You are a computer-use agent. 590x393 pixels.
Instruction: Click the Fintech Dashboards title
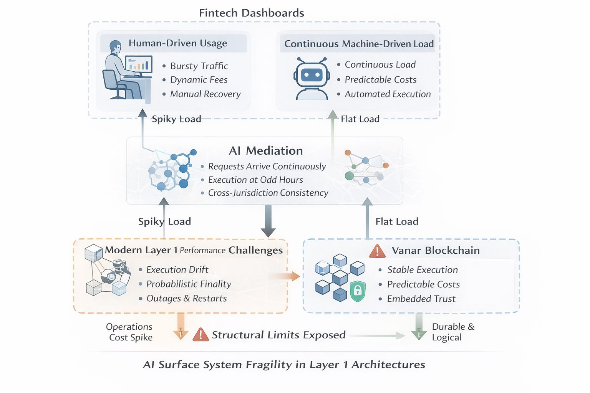tap(251, 13)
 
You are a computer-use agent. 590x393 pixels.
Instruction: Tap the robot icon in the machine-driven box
tap(312, 78)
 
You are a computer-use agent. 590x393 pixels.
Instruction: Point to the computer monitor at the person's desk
tap(139, 64)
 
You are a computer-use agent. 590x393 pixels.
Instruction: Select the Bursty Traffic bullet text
tap(199, 66)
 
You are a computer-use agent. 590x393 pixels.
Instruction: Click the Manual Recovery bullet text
tap(205, 94)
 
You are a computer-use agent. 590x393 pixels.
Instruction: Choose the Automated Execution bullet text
tap(388, 94)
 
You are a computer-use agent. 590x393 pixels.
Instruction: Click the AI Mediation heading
tap(266, 151)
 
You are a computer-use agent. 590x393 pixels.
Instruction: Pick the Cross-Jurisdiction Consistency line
tap(268, 193)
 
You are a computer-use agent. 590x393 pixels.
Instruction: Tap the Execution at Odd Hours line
tap(255, 180)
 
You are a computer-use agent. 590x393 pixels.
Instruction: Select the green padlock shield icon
tap(358, 291)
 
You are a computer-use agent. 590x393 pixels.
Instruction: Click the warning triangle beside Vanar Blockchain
tap(377, 251)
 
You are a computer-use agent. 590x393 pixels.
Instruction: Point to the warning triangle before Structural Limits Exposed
tap(201, 335)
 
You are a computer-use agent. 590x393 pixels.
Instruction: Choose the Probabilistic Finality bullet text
tap(189, 284)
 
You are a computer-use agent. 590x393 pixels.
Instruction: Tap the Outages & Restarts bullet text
tap(187, 299)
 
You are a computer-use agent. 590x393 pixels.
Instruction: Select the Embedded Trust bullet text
tap(421, 299)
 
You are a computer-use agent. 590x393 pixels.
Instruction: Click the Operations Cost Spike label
tap(130, 332)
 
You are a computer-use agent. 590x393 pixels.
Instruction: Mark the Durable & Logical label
tap(453, 332)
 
